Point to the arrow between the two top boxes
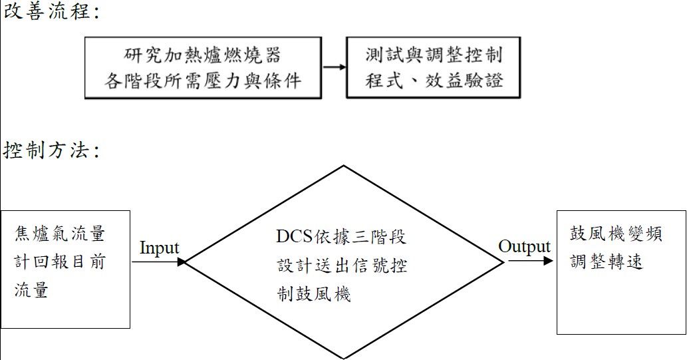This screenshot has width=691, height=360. (x=335, y=67)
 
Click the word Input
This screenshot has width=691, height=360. (x=160, y=248)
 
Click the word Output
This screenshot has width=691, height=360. (x=524, y=247)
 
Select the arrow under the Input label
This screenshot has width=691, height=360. (x=158, y=262)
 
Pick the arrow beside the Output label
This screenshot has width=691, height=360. (x=530, y=261)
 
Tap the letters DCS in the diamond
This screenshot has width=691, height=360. (x=292, y=237)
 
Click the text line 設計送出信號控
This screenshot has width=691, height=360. (x=343, y=266)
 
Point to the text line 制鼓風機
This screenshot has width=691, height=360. (x=314, y=293)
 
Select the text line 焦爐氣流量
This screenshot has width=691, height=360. (x=60, y=234)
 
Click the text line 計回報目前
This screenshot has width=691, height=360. (x=60, y=262)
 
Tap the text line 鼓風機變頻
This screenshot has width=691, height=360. (x=617, y=234)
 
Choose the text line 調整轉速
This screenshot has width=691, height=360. (x=607, y=262)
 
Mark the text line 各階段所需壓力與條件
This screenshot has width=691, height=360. (x=203, y=81)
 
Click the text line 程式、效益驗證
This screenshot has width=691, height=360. (x=434, y=81)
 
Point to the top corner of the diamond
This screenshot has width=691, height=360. (x=343, y=164)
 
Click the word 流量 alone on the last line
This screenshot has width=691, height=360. (x=32, y=290)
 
